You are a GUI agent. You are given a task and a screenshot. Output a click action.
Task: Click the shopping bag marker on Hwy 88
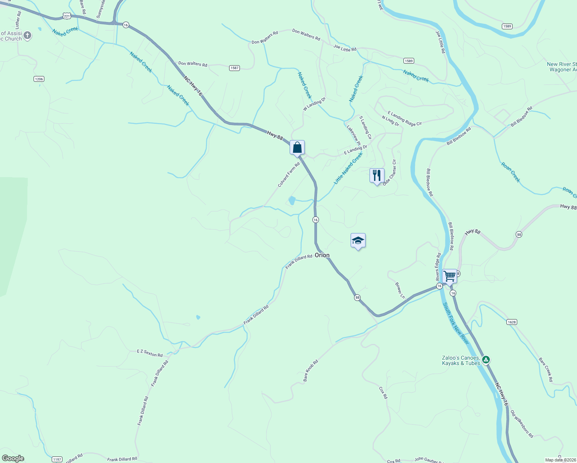click(x=297, y=147)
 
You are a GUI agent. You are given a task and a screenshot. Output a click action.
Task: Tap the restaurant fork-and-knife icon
click(x=377, y=176)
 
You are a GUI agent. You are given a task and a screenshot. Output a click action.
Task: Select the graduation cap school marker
click(x=358, y=241)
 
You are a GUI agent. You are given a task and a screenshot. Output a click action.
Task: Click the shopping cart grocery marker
click(x=449, y=276)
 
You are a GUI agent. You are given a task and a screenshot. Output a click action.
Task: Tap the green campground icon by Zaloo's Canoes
click(x=486, y=360)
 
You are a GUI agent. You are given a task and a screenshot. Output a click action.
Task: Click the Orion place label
click(x=322, y=255)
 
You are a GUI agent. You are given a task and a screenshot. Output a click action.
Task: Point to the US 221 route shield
click(x=67, y=16)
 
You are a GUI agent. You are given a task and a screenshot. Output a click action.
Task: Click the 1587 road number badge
click(x=235, y=68)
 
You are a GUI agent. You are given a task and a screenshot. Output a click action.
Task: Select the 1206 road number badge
click(x=39, y=79)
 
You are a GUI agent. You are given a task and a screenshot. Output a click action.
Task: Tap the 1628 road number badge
click(x=511, y=322)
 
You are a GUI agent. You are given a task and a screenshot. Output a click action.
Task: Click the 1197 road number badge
click(x=57, y=459)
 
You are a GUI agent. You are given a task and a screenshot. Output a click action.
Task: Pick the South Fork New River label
click(x=456, y=323)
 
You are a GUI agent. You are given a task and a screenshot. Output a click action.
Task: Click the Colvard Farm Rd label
click(x=289, y=175)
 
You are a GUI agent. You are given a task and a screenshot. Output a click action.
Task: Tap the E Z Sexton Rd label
click(x=150, y=353)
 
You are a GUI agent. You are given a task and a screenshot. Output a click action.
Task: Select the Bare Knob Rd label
click(x=310, y=371)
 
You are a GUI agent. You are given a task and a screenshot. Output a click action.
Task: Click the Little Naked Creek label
click(x=348, y=168)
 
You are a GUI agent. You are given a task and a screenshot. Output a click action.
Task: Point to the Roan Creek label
click(x=511, y=172)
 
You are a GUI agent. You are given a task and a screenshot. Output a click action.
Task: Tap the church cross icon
click(x=27, y=36)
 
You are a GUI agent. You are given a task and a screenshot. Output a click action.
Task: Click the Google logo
click(x=13, y=458)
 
